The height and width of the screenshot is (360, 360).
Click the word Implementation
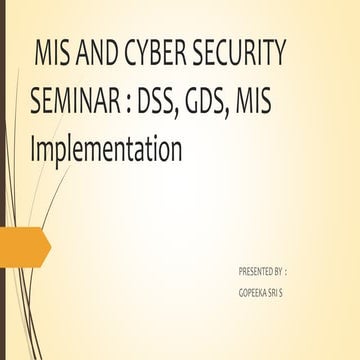(105, 151)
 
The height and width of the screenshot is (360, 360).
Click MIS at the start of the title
(52, 51)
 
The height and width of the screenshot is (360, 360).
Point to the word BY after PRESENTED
(279, 271)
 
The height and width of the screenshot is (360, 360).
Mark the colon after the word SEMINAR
(133, 101)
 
